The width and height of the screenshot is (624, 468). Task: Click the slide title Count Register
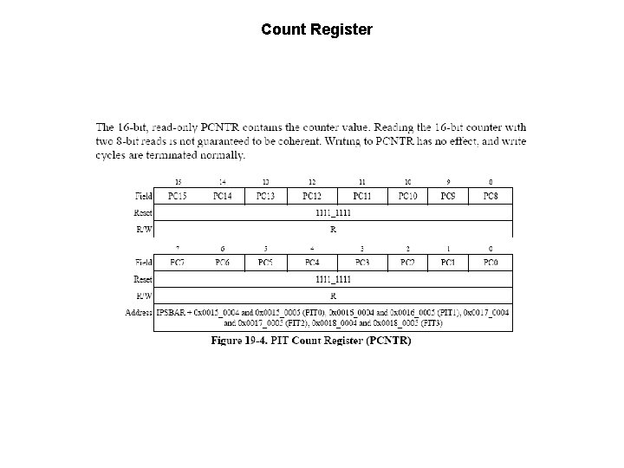(316, 29)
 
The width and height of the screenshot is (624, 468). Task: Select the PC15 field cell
(178, 197)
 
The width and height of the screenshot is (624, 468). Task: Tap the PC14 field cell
(223, 197)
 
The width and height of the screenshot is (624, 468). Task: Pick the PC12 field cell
(313, 197)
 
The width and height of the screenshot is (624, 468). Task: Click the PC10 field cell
(406, 197)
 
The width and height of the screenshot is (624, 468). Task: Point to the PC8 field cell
(491, 197)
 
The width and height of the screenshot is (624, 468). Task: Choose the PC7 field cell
(178, 263)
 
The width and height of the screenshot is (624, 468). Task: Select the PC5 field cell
(265, 263)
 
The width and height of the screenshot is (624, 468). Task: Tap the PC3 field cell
(361, 263)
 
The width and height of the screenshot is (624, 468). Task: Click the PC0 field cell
(491, 263)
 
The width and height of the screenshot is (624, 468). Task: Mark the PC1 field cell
(448, 263)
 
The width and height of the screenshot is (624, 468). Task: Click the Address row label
(139, 312)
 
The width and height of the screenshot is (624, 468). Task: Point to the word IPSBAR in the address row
(172, 312)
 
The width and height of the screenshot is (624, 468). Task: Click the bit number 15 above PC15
(178, 182)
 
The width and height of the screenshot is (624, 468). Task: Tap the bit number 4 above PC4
(312, 249)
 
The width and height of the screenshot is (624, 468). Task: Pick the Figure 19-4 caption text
(312, 341)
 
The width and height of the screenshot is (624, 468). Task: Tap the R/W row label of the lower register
(144, 296)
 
